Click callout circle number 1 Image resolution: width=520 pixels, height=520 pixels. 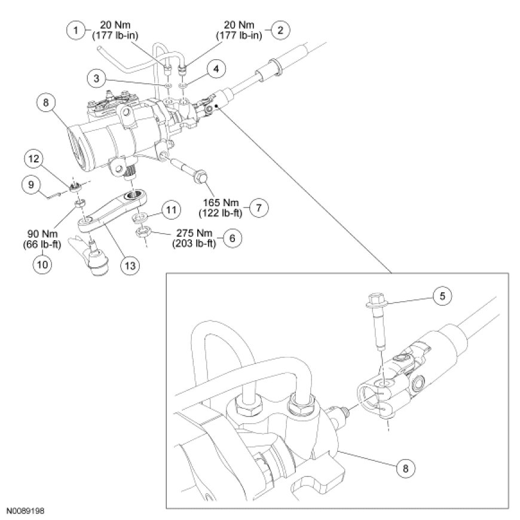click(75, 29)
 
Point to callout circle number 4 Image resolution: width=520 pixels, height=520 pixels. click(216, 69)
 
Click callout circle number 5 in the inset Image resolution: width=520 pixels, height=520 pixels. click(442, 295)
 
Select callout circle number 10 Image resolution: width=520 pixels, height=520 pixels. click(41, 264)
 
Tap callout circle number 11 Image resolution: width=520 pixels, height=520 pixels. click(171, 210)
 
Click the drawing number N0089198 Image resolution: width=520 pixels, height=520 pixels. click(26, 512)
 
